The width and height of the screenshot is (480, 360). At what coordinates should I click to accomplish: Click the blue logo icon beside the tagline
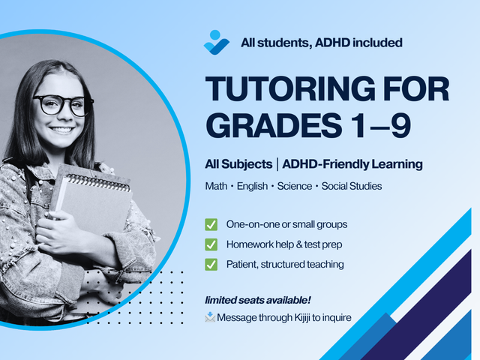(x=216, y=41)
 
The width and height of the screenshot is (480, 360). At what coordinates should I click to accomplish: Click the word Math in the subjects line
(x=217, y=185)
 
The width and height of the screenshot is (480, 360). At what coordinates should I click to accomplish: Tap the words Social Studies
(x=352, y=185)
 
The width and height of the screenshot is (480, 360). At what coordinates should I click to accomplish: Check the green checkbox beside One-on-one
(x=211, y=224)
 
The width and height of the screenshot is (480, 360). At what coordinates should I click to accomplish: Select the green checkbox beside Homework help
(x=211, y=244)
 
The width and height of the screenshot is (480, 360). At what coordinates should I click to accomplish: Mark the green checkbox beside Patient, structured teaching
(x=211, y=263)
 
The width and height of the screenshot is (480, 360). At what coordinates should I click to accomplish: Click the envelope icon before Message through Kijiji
(x=210, y=317)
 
